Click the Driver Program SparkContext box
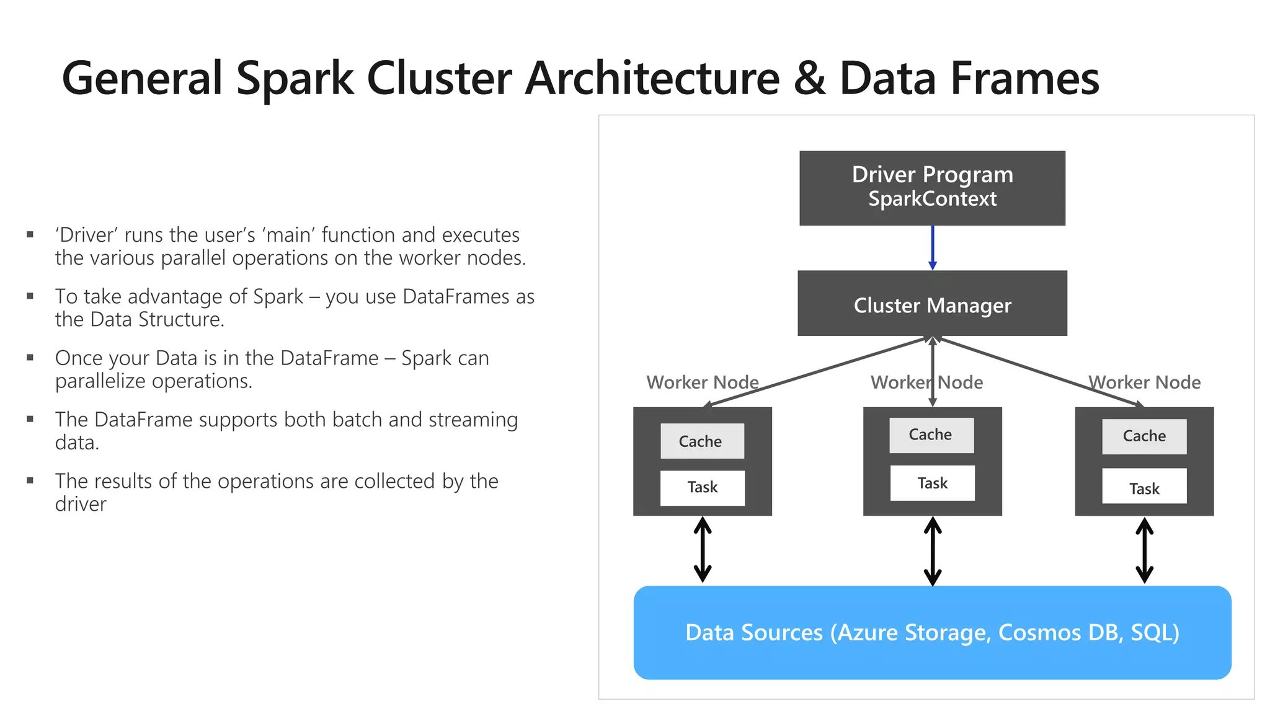[932, 188]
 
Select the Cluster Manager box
[932, 304]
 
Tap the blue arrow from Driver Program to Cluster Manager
[932, 247]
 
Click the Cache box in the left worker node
[702, 441]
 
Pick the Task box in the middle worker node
[932, 483]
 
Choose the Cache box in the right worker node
[1144, 436]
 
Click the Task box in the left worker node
[702, 487]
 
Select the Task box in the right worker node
[1144, 488]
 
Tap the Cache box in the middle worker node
[931, 434]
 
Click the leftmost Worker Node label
[702, 382]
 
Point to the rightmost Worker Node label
[1145, 382]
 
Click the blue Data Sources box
[932, 632]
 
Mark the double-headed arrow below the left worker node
[702, 550]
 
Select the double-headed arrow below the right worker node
[1144, 550]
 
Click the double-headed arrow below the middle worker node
[932, 551]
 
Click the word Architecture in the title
[652, 79]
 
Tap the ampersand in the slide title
[809, 79]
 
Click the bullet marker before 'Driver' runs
[30, 235]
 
